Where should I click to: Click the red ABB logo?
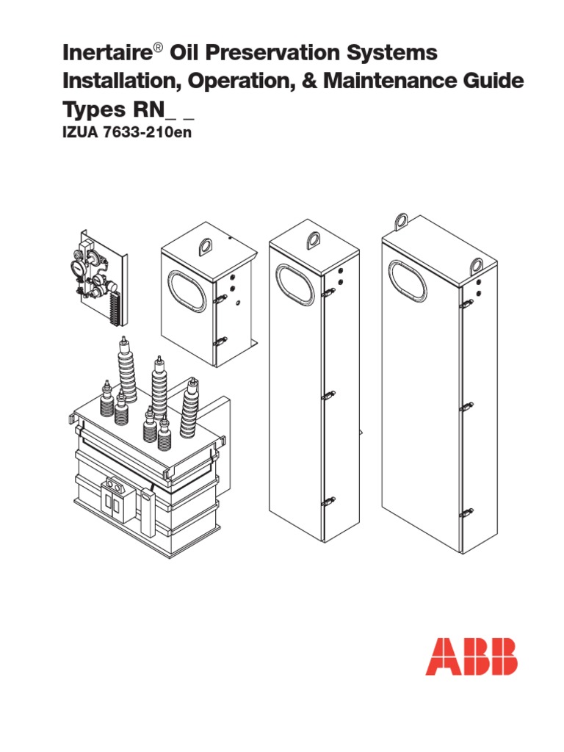click(x=471, y=657)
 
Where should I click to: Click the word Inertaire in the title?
click(x=107, y=52)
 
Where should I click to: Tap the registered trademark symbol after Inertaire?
click(x=159, y=48)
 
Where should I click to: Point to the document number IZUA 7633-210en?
click(x=127, y=132)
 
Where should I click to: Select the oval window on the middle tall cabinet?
click(x=295, y=286)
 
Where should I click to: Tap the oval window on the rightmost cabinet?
click(x=408, y=281)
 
